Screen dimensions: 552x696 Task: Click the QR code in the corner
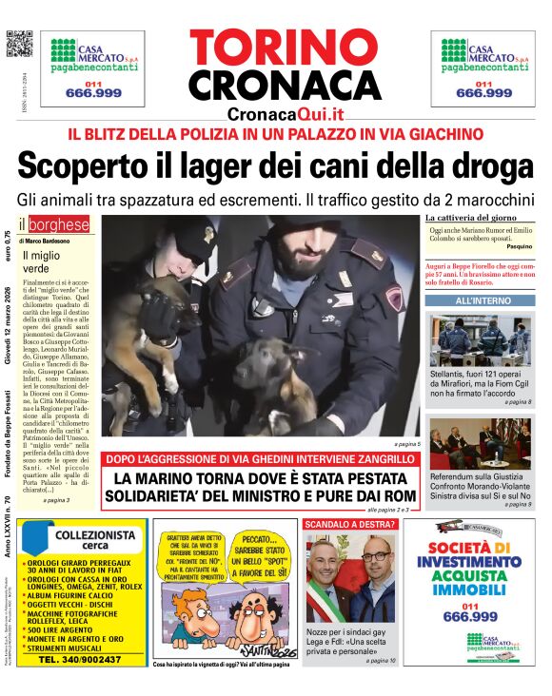tap(19, 44)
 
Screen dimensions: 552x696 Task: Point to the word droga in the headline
tap(486, 165)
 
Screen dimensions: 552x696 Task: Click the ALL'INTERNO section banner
tap(479, 300)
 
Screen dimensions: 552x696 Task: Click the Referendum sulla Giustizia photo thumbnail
tap(479, 443)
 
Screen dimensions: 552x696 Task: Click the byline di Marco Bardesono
tap(44, 242)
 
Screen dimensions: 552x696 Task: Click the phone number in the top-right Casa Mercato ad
tap(484, 92)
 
